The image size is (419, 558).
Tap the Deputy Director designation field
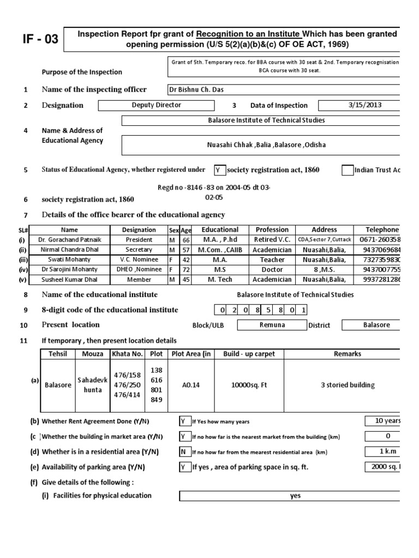pos(157,105)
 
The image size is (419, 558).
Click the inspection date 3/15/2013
pos(359,105)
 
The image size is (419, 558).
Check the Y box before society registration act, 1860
pos(218,170)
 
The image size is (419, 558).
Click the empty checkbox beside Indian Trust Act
pos(347,170)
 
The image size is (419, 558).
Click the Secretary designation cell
pos(139,249)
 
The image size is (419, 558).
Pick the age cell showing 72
pos(186,269)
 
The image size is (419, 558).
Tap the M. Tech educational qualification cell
pos(220,280)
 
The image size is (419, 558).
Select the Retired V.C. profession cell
pos(272,239)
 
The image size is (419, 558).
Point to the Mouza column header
pos(92,354)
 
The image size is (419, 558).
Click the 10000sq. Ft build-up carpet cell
pos(249,385)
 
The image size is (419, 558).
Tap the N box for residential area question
pos(184,452)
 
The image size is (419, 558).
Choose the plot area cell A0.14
pos(190,385)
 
